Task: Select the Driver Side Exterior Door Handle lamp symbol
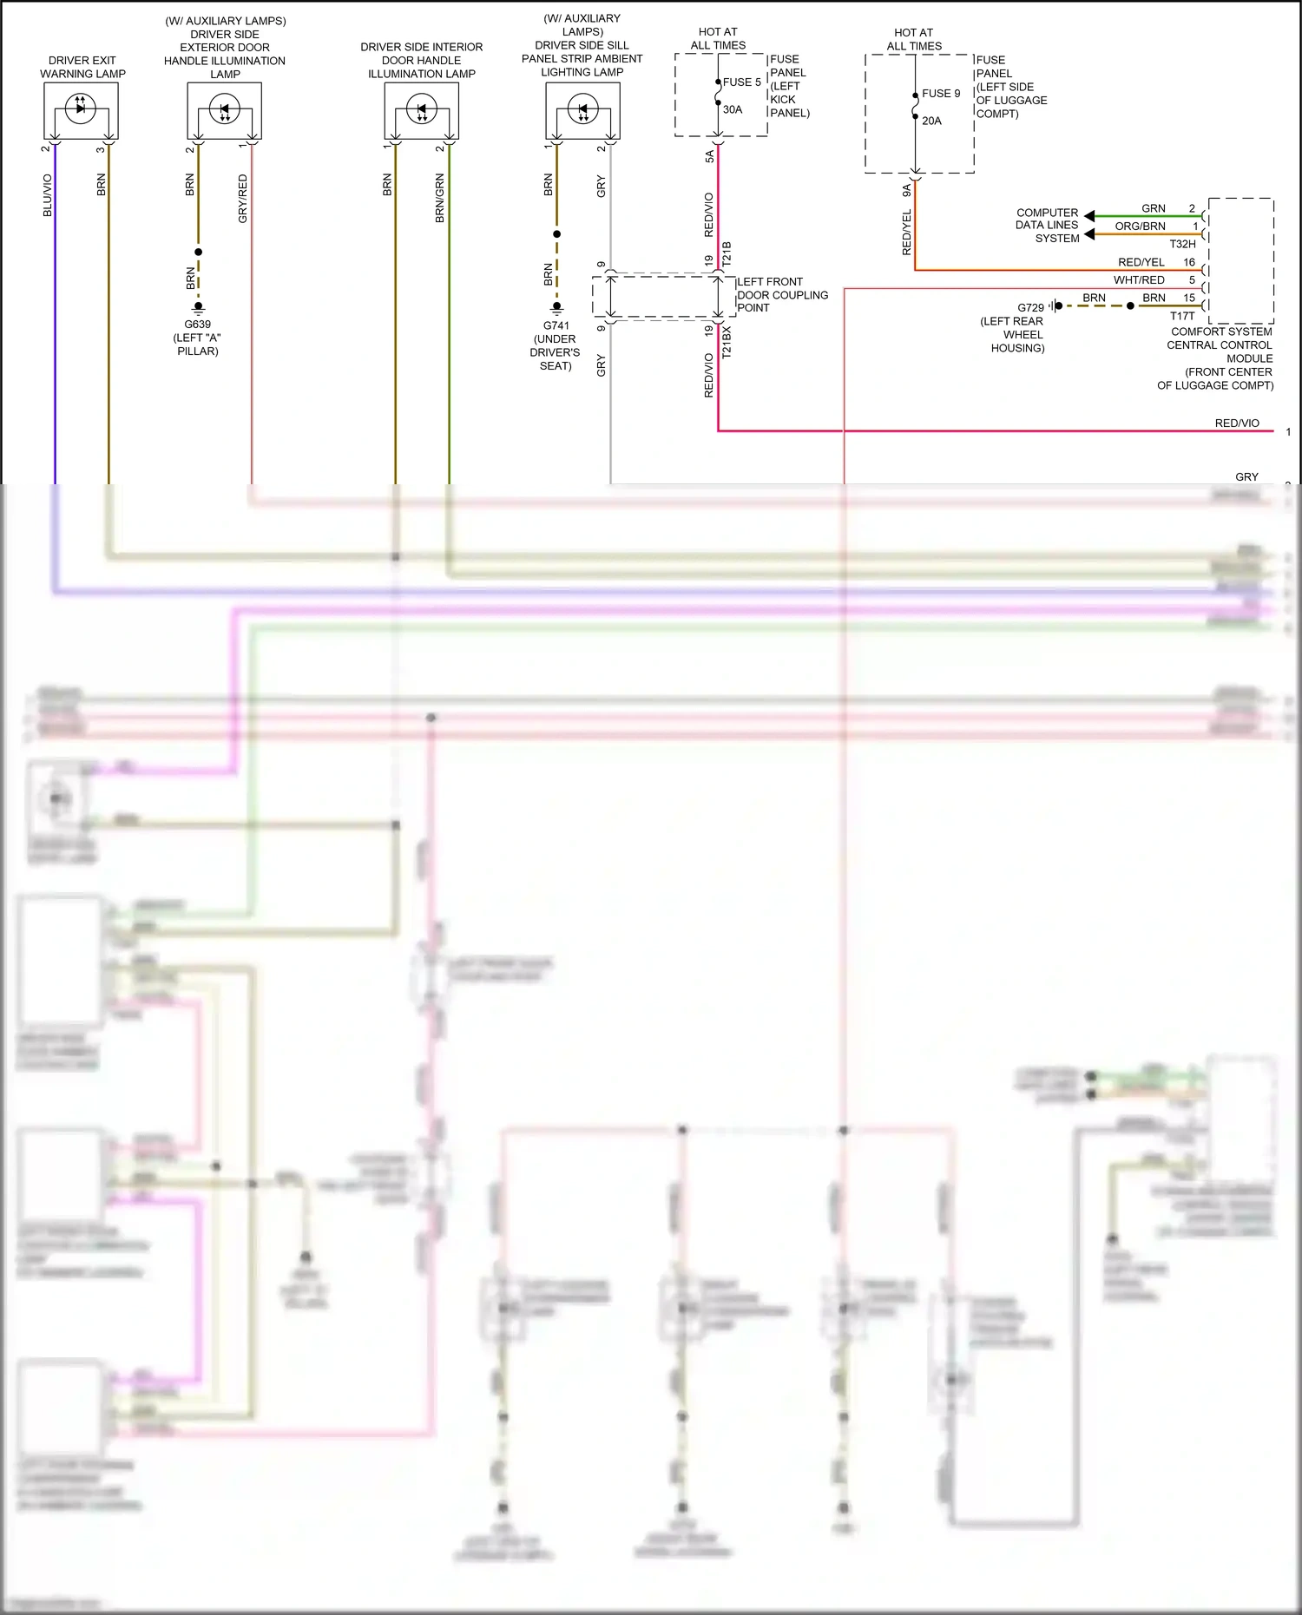pyautogui.click(x=224, y=110)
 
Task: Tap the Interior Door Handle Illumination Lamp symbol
pyautogui.click(x=421, y=110)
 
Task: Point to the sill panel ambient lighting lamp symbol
pyautogui.click(x=582, y=110)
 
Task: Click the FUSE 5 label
pyautogui.click(x=741, y=82)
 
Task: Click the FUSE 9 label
pyautogui.click(x=941, y=94)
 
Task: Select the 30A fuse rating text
pyautogui.click(x=733, y=110)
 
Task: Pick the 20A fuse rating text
pyautogui.click(x=931, y=121)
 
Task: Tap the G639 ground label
pyautogui.click(x=197, y=325)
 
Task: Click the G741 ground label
pyautogui.click(x=556, y=326)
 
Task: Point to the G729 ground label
pyautogui.click(x=1030, y=308)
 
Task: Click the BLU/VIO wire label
pyautogui.click(x=48, y=195)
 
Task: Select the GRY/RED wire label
pyautogui.click(x=243, y=199)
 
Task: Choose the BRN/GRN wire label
pyautogui.click(x=440, y=199)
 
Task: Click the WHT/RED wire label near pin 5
pyautogui.click(x=1139, y=280)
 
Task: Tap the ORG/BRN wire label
pyautogui.click(x=1140, y=226)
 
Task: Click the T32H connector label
pyautogui.click(x=1182, y=245)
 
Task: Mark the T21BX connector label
pyautogui.click(x=727, y=343)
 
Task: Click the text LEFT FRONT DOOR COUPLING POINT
pyautogui.click(x=781, y=295)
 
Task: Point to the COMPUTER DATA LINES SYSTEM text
pyautogui.click(x=1047, y=226)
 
